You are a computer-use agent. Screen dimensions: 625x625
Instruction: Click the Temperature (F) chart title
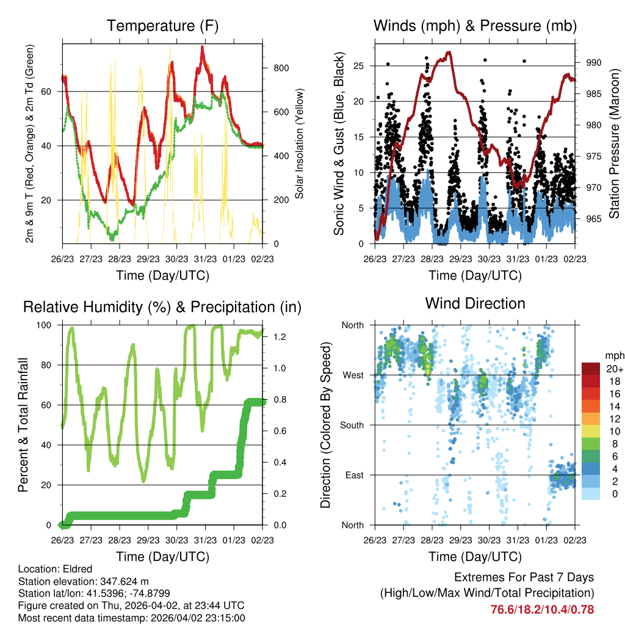pos(162,26)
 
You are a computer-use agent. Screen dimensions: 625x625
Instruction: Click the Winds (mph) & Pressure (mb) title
pos(475,26)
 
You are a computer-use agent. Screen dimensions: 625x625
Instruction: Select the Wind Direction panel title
pos(475,303)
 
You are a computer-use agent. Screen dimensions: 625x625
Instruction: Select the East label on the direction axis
pos(354,475)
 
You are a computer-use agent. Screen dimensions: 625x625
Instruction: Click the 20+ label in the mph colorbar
pos(614,369)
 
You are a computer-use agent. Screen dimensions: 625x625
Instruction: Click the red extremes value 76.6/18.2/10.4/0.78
pos(542,609)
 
